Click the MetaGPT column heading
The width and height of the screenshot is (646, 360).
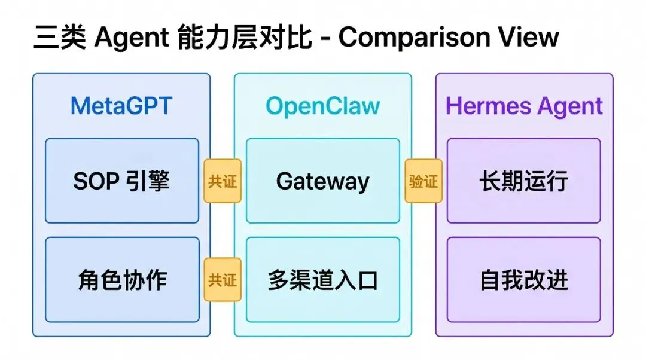click(121, 106)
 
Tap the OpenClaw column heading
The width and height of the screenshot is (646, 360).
click(322, 106)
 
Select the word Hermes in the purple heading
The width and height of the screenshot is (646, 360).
click(488, 106)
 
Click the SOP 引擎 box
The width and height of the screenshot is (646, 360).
click(122, 181)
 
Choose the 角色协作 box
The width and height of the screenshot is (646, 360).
click(122, 280)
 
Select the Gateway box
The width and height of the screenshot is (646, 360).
click(323, 181)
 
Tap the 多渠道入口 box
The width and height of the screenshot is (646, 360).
click(323, 280)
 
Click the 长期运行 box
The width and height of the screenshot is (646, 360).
click(523, 181)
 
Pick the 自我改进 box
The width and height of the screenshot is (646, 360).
click(523, 280)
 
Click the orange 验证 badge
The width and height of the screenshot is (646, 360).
click(423, 181)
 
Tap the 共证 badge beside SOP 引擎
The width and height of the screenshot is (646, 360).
click(223, 181)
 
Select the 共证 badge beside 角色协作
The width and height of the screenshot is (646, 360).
click(223, 280)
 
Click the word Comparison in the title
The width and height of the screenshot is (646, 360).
click(414, 38)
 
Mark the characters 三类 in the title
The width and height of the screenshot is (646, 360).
click(60, 37)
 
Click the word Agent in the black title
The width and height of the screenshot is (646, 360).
click(132, 38)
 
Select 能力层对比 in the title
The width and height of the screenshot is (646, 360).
click(245, 37)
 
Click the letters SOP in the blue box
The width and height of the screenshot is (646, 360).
click(96, 181)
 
